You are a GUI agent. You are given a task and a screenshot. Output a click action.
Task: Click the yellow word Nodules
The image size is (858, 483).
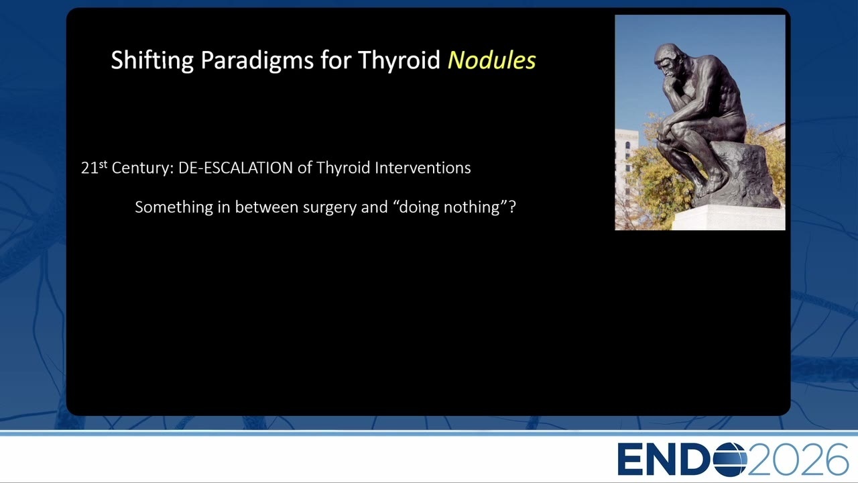pos(492,60)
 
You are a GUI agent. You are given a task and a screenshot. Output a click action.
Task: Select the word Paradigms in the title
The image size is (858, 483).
pos(257,60)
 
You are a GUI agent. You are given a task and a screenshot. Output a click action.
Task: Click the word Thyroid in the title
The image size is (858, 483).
pos(400,60)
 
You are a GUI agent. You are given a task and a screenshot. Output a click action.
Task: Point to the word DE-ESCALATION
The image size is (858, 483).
pos(235,168)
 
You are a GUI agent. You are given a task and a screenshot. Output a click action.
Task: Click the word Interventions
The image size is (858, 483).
pos(422,168)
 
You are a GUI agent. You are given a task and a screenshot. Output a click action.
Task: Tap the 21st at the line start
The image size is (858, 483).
pos(94,167)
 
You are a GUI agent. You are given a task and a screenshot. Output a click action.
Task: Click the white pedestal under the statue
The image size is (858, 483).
pos(729,217)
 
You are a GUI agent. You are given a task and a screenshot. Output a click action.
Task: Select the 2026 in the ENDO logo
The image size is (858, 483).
pos(797,459)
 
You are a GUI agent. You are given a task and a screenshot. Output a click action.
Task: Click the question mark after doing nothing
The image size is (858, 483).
pos(512,207)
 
